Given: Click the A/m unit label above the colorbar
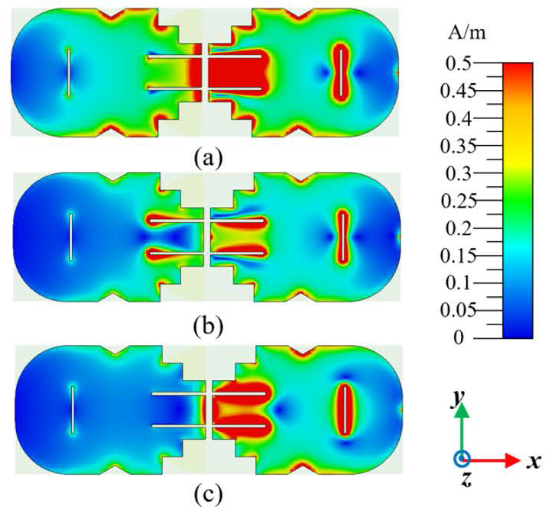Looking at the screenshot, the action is coord(467,34).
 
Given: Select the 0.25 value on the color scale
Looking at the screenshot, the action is coord(457,201).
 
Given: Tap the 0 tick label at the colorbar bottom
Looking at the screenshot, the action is coord(459,337).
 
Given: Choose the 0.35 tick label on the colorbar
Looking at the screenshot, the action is coord(457,147).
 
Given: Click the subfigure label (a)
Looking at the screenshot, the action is coord(208,157).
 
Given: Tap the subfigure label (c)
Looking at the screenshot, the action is coord(209,496).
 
